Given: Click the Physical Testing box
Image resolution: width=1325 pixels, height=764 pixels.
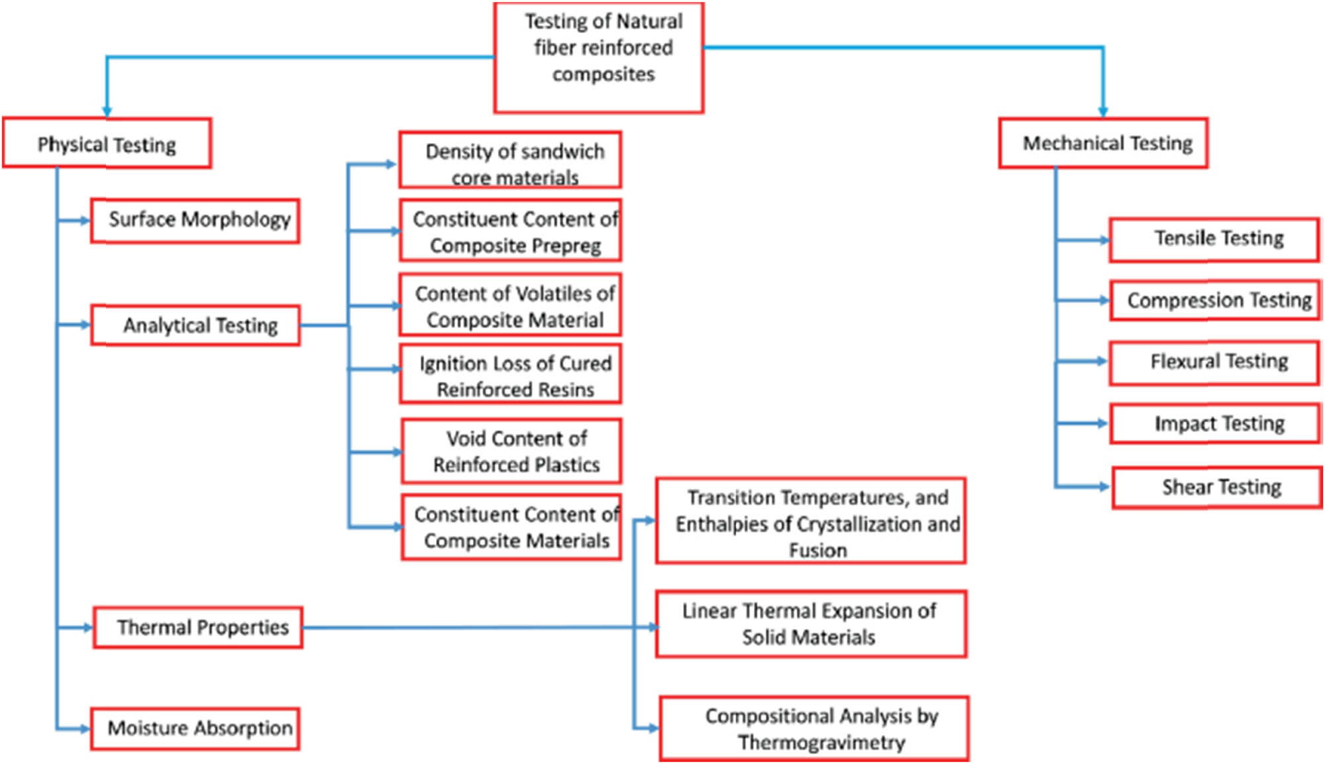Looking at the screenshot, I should [x=107, y=144].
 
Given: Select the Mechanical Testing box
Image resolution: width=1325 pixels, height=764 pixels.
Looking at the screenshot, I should [x=1103, y=143].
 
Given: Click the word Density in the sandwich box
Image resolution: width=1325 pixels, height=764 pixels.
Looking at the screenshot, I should [x=456, y=152].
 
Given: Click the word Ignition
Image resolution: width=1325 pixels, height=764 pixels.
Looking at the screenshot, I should [x=451, y=364].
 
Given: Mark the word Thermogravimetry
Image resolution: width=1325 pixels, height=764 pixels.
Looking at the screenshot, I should [x=821, y=743].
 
